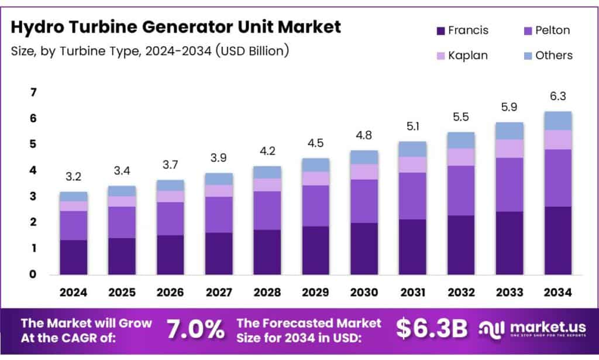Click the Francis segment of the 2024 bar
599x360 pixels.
tap(73, 257)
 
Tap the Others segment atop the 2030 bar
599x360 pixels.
tap(364, 157)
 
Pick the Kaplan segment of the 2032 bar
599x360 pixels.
tap(461, 157)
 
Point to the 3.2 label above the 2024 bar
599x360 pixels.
tap(73, 177)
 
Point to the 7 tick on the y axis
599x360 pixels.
tap(33, 92)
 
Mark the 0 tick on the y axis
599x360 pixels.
tap(33, 274)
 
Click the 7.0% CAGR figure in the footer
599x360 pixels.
tap(195, 330)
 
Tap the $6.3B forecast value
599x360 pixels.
tap(432, 329)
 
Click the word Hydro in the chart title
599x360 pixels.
tap(42, 26)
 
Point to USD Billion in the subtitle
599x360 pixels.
tap(252, 51)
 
